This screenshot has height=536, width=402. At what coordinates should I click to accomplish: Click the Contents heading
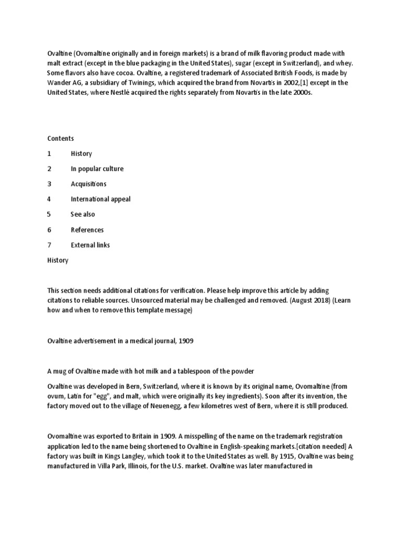tap(60, 139)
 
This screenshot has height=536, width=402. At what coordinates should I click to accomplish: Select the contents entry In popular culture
tap(97, 169)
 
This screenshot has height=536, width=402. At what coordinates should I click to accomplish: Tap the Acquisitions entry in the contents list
tap(88, 184)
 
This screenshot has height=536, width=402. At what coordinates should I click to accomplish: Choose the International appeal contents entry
tap(100, 199)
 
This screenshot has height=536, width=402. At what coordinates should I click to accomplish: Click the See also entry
tap(83, 215)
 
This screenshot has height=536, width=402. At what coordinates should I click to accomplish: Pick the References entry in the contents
tap(87, 230)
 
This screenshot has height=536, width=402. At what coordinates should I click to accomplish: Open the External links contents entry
tap(90, 245)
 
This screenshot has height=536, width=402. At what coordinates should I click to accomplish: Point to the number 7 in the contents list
tap(49, 245)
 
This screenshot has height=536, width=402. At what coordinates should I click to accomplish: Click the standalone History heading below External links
tap(58, 260)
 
